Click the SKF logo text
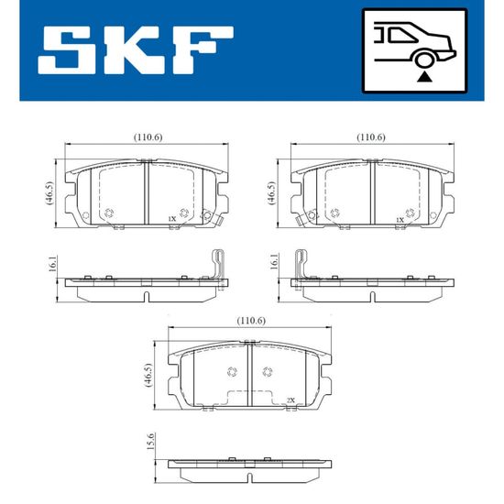coord(136,50)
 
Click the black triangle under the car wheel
coord(424,77)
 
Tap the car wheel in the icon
coord(424,60)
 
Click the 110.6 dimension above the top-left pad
coord(148,137)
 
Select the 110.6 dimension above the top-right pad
coord(371,137)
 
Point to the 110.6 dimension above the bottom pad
coord(251,321)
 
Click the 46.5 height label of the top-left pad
coord(49,193)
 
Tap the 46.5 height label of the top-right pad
coord(271,193)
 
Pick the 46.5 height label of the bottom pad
coord(148,375)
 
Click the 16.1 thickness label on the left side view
coord(52,264)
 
